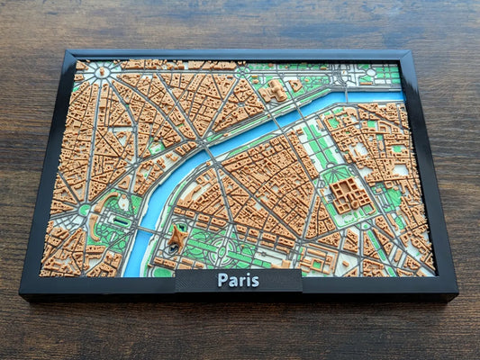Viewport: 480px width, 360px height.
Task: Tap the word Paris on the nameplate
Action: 238,280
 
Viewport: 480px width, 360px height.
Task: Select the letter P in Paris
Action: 222,280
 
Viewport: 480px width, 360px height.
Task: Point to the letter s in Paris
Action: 255,281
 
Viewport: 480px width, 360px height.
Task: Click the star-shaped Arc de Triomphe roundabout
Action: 103,72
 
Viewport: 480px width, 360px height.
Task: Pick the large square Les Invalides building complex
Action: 349,193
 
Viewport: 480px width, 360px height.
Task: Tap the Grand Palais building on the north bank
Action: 276,90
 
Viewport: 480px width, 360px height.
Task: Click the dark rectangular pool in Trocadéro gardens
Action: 122,220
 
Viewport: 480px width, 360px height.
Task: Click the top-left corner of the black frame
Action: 69,51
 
